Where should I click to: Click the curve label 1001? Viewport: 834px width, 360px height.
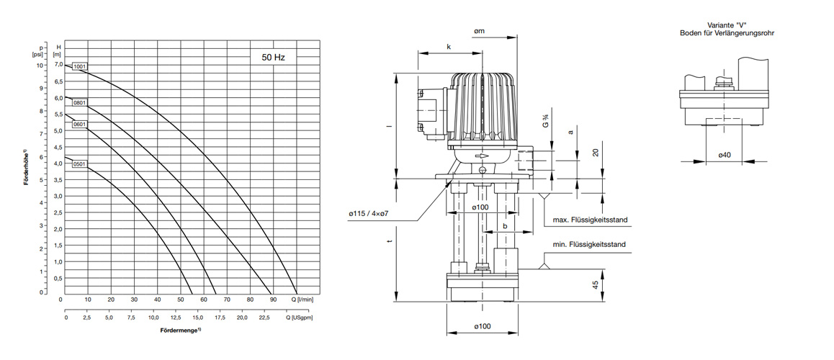pyautogui.click(x=80, y=67)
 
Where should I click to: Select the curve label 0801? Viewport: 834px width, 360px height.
pyautogui.click(x=79, y=102)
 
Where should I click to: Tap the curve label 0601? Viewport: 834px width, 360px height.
pyautogui.click(x=79, y=125)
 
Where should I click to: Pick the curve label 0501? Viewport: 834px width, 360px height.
pyautogui.click(x=79, y=163)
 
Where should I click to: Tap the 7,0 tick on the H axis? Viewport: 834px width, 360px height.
pyautogui.click(x=58, y=66)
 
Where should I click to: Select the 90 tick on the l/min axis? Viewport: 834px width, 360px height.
pyautogui.click(x=272, y=299)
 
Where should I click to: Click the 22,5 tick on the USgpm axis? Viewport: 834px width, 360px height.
pyautogui.click(x=264, y=317)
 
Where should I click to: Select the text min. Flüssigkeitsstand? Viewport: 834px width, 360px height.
pyautogui.click(x=590, y=245)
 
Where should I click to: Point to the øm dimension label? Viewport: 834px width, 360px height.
pyautogui.click(x=479, y=31)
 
